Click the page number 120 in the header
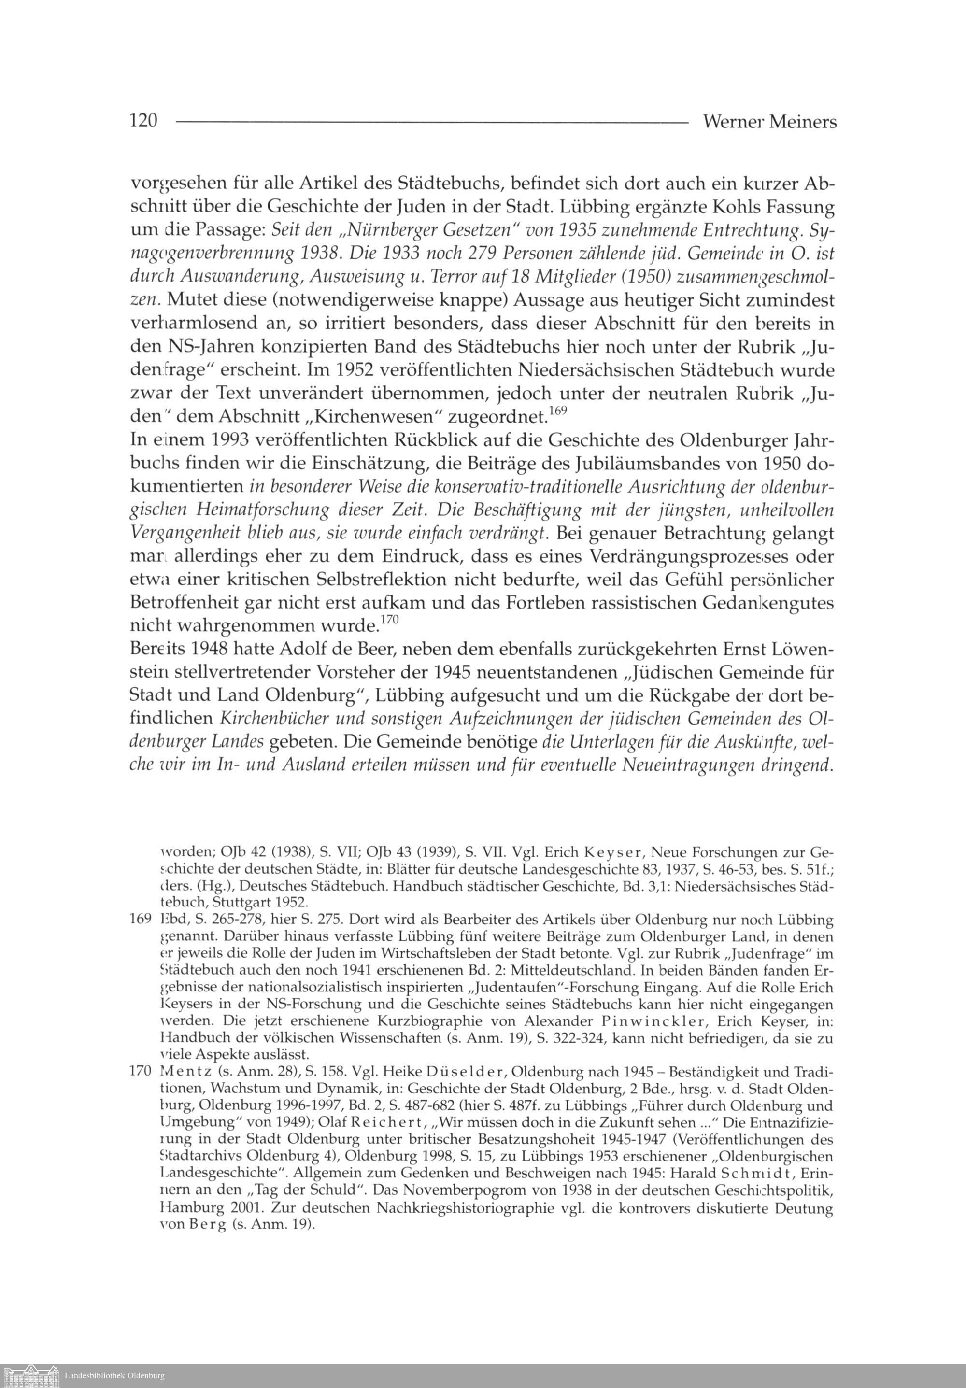click(143, 122)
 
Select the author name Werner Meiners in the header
click(769, 122)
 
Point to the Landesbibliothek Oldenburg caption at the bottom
click(114, 1376)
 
